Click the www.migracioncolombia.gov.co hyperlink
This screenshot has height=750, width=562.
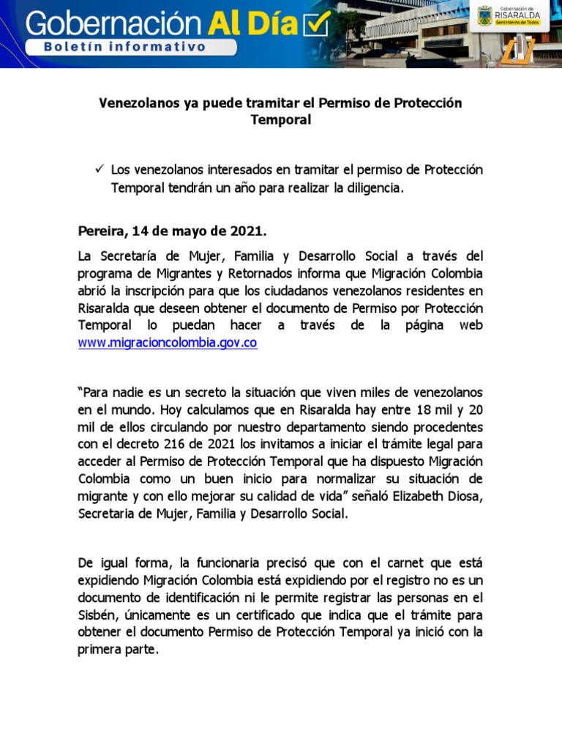(168, 343)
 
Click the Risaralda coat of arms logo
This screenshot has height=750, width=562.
(484, 15)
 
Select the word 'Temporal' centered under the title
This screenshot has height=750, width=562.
(280, 120)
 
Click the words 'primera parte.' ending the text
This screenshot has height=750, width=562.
(117, 649)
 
